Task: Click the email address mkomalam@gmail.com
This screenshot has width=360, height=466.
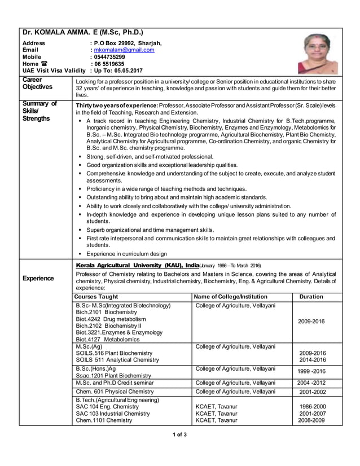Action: pos(124,50)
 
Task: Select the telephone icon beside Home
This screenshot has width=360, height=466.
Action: pos(43,64)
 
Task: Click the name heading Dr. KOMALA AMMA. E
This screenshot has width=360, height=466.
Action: pos(82,32)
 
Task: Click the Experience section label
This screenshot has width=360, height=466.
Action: pos(38,278)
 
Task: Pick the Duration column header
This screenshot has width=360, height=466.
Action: pos(311,296)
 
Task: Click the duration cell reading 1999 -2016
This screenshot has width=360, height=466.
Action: pos(311,371)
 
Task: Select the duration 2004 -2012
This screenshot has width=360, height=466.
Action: pos(311,382)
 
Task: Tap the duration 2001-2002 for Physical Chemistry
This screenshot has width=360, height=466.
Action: pos(311,392)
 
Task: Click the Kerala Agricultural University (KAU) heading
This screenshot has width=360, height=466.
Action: pos(137,265)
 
